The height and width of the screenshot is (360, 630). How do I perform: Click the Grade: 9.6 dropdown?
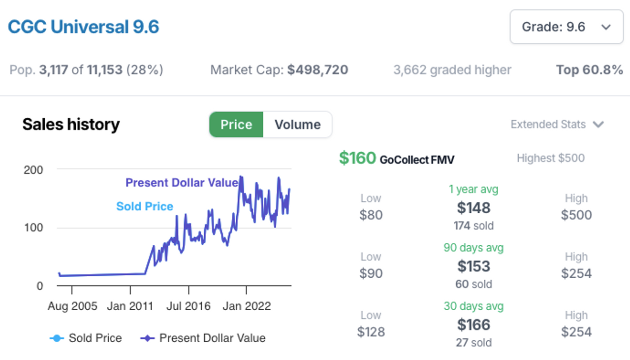(x=566, y=27)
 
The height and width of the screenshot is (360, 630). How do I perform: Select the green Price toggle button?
(x=236, y=125)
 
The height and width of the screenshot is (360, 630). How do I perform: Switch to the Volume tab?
(x=297, y=125)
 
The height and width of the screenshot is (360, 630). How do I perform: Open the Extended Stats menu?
(x=557, y=125)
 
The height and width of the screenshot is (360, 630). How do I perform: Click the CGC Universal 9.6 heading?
(x=84, y=27)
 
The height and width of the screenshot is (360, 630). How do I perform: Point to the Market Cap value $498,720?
(x=317, y=70)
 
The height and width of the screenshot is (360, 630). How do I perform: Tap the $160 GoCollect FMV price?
(x=358, y=159)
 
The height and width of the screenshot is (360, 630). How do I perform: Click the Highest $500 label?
(x=550, y=159)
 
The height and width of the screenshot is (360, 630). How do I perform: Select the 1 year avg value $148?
(x=473, y=208)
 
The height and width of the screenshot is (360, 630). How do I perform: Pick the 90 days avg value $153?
(x=473, y=266)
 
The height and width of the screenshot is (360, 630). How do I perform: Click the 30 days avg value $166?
(x=473, y=325)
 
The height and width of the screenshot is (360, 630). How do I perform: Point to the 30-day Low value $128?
(x=371, y=332)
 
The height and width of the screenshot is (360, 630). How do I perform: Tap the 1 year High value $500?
(x=576, y=215)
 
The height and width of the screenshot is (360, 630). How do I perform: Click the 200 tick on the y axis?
(x=33, y=170)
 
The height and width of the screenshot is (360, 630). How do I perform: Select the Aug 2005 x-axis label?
(x=72, y=306)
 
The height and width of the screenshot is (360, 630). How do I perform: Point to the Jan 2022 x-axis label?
(x=246, y=306)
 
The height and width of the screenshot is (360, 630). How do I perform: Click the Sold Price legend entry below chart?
(x=86, y=338)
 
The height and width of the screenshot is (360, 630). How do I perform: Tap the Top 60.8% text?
(x=589, y=70)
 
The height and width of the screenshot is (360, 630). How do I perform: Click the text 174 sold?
(x=473, y=226)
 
